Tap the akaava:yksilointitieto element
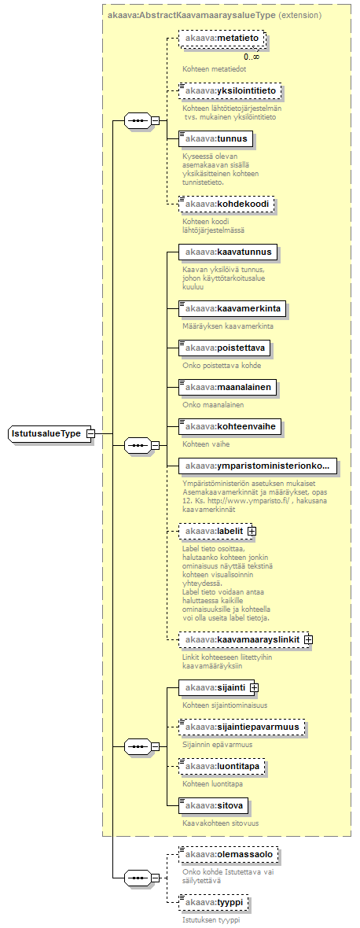tap(230, 91)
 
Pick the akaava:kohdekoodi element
tap(227, 204)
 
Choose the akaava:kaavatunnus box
tap(228, 252)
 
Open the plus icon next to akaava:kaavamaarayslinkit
tap(309, 639)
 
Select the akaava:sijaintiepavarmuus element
tap(242, 726)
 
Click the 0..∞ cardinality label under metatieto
tap(252, 56)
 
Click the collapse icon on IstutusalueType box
tap(90, 434)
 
